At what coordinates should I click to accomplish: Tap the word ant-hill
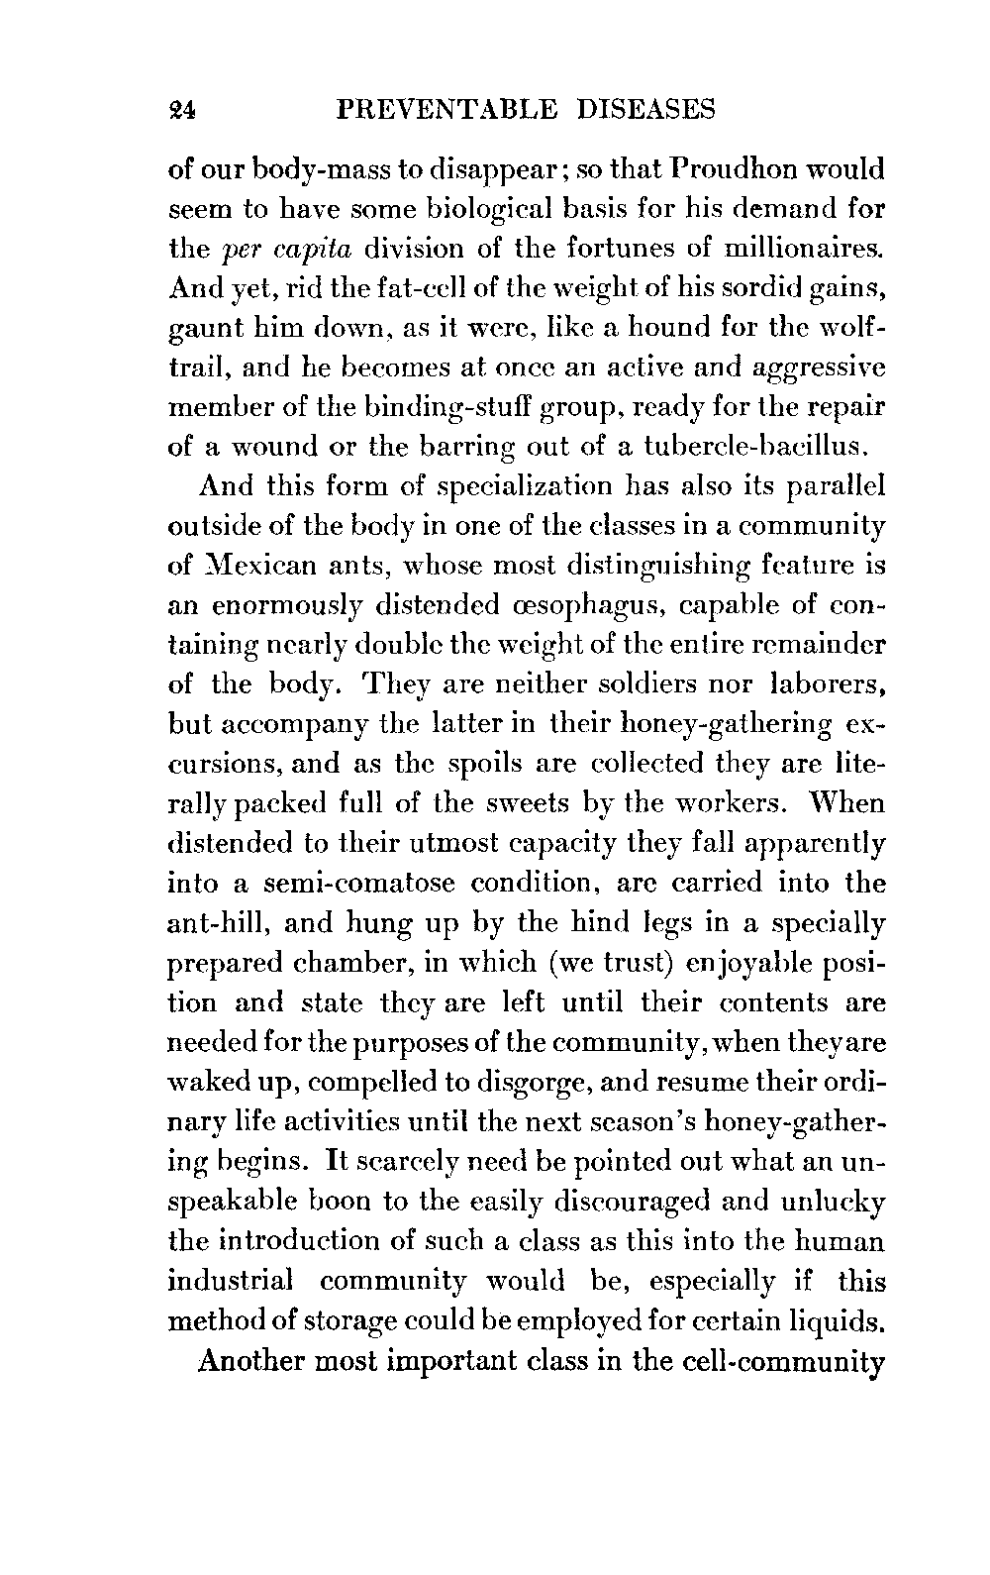click(x=221, y=923)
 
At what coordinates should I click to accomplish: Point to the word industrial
click(x=232, y=1281)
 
